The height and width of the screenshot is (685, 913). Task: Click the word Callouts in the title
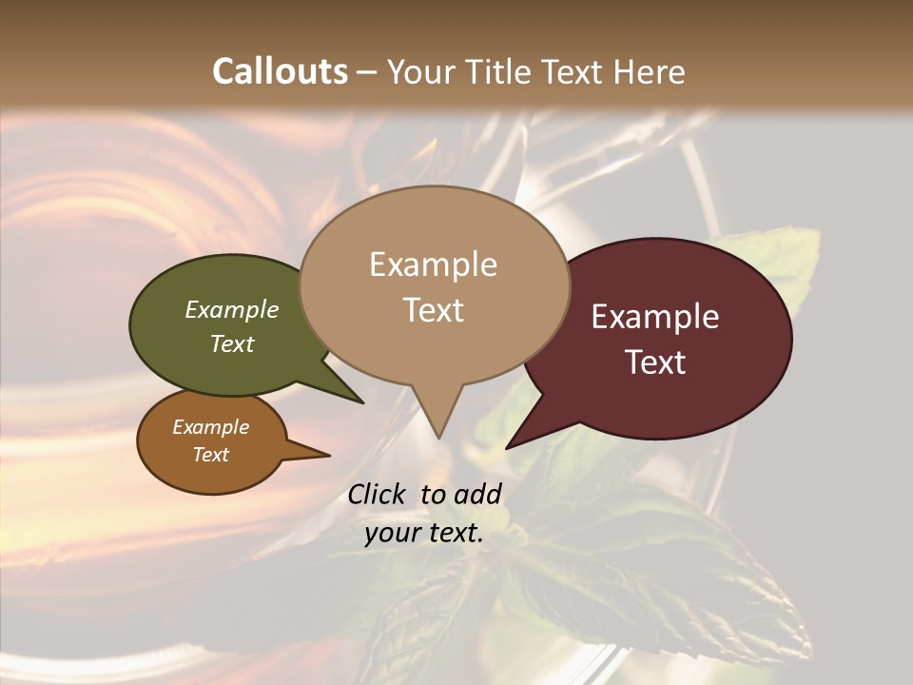click(x=281, y=71)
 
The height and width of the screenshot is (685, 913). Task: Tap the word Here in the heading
click(x=647, y=71)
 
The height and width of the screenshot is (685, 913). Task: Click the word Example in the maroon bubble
click(x=655, y=317)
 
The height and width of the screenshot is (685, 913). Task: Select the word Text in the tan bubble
click(x=434, y=310)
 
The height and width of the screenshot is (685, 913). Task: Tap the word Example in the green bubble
click(x=232, y=309)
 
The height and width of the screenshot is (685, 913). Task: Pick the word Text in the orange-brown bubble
click(x=211, y=455)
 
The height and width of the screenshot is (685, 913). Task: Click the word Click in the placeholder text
click(x=377, y=494)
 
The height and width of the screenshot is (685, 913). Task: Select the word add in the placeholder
click(x=477, y=494)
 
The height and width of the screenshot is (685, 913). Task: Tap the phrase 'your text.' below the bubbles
click(x=424, y=534)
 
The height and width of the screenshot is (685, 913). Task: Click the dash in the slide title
click(x=368, y=71)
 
